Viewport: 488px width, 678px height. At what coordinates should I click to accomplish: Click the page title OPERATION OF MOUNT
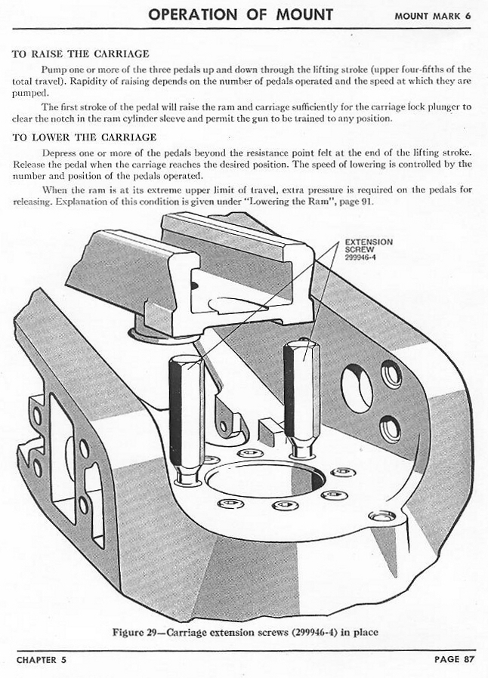click(x=240, y=14)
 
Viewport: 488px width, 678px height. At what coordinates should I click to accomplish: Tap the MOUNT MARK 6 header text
click(x=433, y=16)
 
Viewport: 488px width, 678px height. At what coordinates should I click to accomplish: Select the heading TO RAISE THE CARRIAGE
click(x=81, y=54)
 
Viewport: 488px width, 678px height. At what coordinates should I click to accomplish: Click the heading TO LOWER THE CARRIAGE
click(x=85, y=137)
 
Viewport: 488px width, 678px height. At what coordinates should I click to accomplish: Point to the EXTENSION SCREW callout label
click(x=369, y=245)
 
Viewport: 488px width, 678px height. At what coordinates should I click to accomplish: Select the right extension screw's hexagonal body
click(x=301, y=393)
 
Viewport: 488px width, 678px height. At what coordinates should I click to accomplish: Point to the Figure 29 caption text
click(x=246, y=632)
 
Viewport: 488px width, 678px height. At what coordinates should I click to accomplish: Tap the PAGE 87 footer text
click(x=454, y=659)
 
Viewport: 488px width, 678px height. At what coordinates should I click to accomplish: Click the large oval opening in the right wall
click(x=357, y=387)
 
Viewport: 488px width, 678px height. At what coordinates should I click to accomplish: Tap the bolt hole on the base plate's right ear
click(x=382, y=516)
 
